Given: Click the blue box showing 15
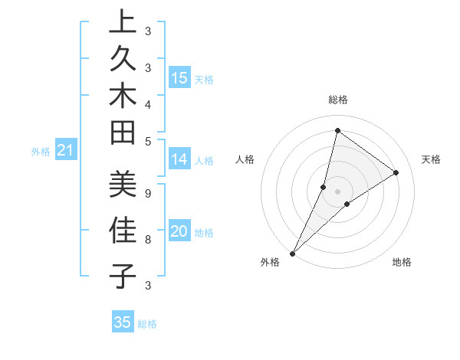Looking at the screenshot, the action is pos(179,78).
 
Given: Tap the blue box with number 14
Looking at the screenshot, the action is pos(179,159).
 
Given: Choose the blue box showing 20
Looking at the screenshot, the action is pos(179,232).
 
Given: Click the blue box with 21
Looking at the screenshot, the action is pos(65,151).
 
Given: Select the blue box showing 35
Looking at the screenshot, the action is pos(123,322).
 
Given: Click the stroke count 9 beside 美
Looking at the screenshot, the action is pos(148,194).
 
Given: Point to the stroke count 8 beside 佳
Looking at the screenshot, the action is pos(148,240).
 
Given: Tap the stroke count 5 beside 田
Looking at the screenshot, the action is pos(148,141).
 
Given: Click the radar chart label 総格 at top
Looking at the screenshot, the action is pos(337,100).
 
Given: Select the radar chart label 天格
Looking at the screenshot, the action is pos(432,159).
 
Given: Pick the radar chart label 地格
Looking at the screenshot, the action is pos(402,262).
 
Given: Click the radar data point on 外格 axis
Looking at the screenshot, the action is pos(292,253).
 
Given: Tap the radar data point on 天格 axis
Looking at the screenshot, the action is pos(396,172).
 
